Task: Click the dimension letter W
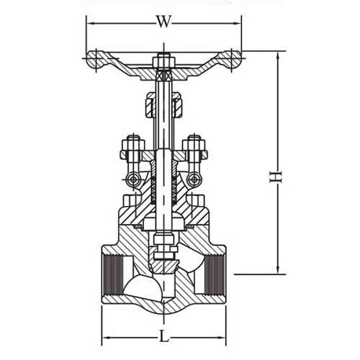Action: (x=164, y=22)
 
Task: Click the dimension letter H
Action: (x=274, y=175)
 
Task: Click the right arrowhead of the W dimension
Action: (x=240, y=22)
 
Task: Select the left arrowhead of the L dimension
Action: (x=102, y=336)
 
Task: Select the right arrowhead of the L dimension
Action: (x=227, y=336)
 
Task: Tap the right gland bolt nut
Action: (x=193, y=148)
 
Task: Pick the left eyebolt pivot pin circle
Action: (x=132, y=179)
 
